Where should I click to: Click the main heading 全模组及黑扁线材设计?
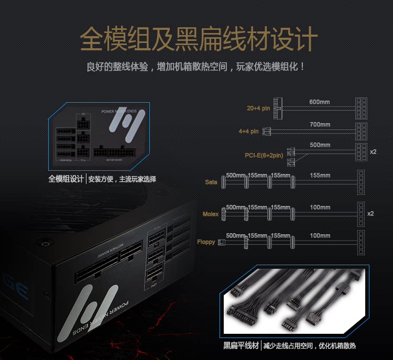point(199,39)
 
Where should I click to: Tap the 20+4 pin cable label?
point(258,108)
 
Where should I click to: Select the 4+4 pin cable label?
point(248,131)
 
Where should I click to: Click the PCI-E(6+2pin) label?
point(264,155)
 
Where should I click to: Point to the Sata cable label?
point(211,182)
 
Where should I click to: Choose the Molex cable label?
point(211,214)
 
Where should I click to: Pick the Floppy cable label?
point(206,242)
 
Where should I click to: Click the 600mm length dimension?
point(320,101)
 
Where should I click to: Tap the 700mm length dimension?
point(320,124)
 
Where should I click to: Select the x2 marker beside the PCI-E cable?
point(373,151)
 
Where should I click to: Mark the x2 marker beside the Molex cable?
point(370,213)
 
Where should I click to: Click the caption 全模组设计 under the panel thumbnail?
point(66,179)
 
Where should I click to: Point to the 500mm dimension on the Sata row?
point(236,175)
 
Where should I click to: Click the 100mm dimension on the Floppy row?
point(320,236)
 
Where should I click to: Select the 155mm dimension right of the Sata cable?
point(320,175)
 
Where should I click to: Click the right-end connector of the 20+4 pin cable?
point(361,109)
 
